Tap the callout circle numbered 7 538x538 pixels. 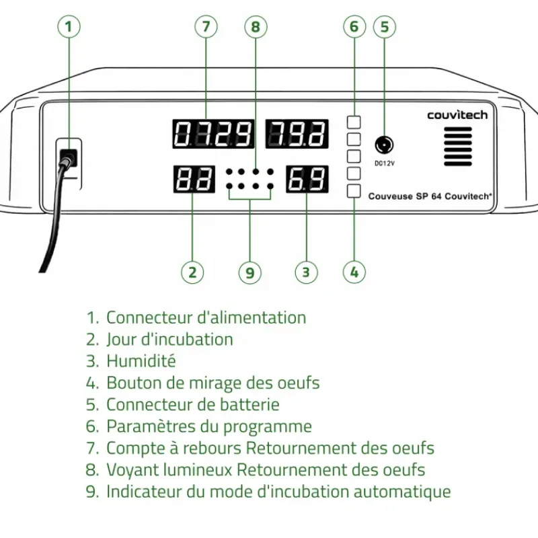pyautogui.click(x=206, y=27)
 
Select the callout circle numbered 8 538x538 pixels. pyautogui.click(x=255, y=27)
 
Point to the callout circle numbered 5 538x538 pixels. pyautogui.click(x=384, y=27)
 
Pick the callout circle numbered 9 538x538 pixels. pyautogui.click(x=249, y=272)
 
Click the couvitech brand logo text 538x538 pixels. pyautogui.click(x=457, y=115)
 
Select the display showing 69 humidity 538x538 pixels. pyautogui.click(x=307, y=180)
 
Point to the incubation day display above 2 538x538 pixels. pyautogui.click(x=194, y=180)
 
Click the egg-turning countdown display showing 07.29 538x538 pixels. pyautogui.click(x=214, y=134)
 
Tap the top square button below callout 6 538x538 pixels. pyautogui.click(x=354, y=122)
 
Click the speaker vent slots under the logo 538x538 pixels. pyautogui.click(x=458, y=146)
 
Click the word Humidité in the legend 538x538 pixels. pyautogui.click(x=141, y=361)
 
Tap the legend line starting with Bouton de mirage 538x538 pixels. pyautogui.click(x=213, y=383)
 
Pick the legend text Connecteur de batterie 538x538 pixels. pyautogui.click(x=192, y=404)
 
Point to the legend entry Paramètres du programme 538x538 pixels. pyautogui.click(x=208, y=426)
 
